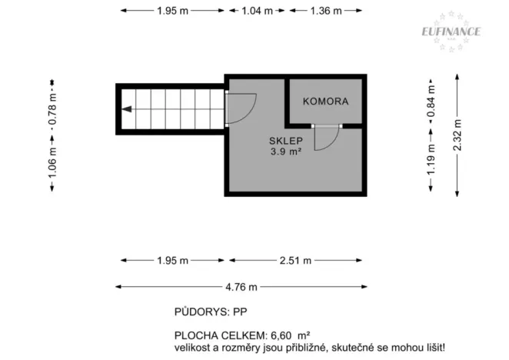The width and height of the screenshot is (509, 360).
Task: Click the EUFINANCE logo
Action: coord(451,32)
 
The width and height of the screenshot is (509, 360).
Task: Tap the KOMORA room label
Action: coord(325,102)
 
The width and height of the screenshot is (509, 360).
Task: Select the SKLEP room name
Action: coord(285,141)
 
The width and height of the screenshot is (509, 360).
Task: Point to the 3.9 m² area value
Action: coord(285,152)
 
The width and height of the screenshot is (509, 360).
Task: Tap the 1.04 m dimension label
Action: coord(256,11)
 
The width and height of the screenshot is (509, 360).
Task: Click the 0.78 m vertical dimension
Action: coord(52,108)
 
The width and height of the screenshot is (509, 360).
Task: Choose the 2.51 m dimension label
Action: coord(295,261)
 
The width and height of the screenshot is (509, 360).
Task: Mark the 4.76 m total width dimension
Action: coord(241,287)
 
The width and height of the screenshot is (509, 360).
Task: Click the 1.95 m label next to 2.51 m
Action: coord(172,261)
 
